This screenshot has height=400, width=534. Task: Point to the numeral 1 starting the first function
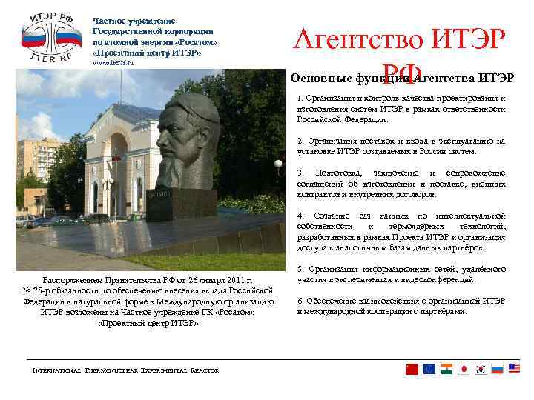click(299, 99)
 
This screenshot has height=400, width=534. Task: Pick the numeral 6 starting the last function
click(299, 301)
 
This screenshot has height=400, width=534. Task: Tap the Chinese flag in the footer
click(412, 369)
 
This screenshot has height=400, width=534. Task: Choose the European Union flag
click(429, 369)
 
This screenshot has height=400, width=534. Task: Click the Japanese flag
click(464, 369)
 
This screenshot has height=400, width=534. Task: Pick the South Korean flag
click(481, 369)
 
